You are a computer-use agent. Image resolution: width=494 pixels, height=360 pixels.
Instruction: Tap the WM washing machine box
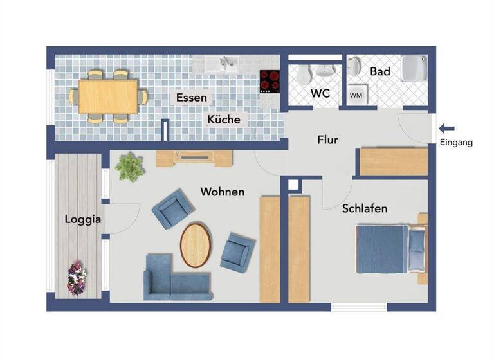pos(356,95)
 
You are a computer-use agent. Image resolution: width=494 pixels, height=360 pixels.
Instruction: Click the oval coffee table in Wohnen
pos(196,244)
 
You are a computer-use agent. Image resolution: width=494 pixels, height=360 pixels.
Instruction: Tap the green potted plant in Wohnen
pos(129,166)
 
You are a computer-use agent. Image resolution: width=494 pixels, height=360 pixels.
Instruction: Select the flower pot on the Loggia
pos(77,278)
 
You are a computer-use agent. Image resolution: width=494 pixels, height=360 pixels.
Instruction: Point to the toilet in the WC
pos(304,75)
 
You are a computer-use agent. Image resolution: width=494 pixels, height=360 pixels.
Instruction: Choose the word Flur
pos(327,140)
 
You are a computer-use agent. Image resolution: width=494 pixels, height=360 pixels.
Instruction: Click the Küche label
pos(224,120)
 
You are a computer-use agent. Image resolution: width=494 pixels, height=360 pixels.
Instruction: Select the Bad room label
pos(380,72)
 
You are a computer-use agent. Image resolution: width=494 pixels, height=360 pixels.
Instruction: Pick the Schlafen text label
pos(365,209)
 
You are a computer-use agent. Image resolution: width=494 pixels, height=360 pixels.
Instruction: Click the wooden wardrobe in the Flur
pos(393,161)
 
